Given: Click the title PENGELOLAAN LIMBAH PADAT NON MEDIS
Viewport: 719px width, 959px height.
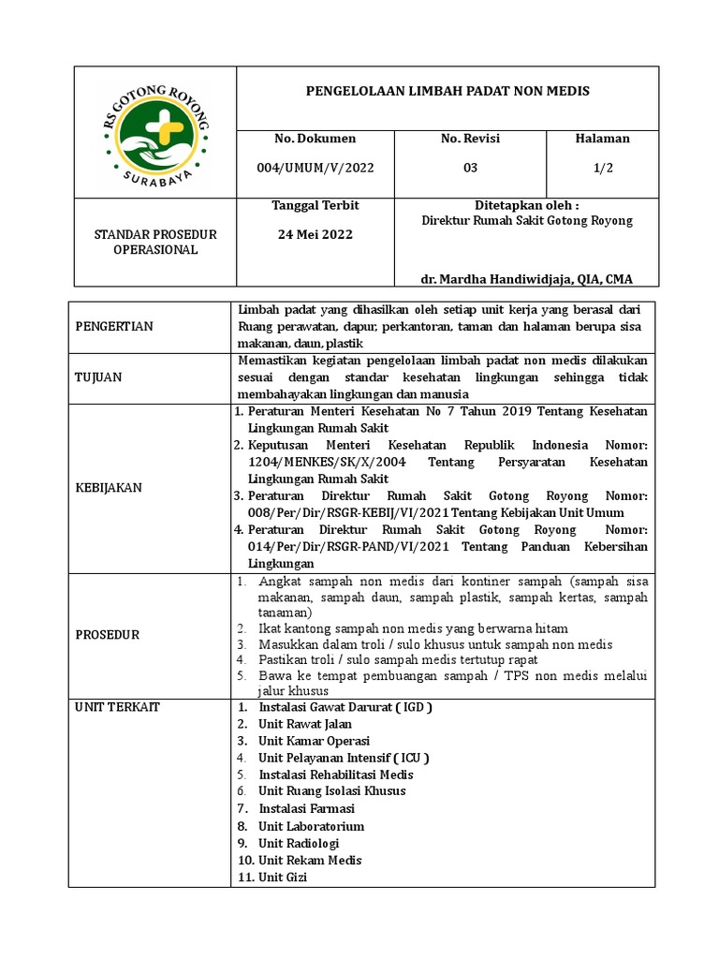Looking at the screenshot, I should [x=448, y=92].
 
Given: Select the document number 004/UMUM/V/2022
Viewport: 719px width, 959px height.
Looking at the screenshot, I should [x=315, y=168].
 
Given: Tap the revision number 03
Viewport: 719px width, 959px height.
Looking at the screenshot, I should [x=470, y=168].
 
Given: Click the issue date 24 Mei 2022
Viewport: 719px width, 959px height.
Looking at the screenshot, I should [x=315, y=234].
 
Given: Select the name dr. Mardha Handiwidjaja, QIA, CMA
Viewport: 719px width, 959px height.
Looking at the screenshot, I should [x=527, y=279].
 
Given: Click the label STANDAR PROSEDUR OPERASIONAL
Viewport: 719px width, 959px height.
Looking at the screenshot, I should [x=155, y=242].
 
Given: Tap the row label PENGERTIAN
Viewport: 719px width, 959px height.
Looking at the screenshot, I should [x=113, y=327].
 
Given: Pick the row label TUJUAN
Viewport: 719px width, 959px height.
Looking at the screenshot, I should [x=98, y=377].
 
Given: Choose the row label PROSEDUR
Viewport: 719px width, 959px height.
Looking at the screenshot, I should [x=107, y=635].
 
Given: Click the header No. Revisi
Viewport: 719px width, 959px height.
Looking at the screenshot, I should [x=470, y=139].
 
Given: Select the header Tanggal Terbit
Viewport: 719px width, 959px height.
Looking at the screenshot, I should [x=315, y=205].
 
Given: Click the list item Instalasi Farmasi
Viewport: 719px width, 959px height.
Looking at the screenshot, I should [x=306, y=808].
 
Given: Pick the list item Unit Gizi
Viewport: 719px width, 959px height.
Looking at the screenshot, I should [x=282, y=877].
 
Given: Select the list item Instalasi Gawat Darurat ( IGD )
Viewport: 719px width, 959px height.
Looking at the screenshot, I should [x=345, y=707].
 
